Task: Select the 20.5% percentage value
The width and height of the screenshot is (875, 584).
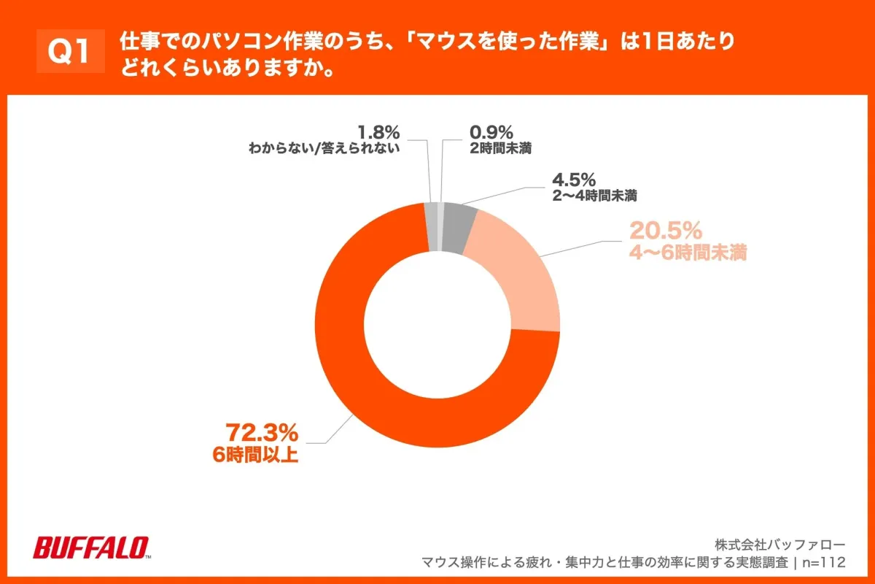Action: [x=665, y=231]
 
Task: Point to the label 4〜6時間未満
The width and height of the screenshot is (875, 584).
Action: [x=687, y=253]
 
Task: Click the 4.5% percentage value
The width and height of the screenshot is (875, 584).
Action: [x=574, y=179]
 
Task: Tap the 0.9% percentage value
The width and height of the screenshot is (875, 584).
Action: [x=491, y=133]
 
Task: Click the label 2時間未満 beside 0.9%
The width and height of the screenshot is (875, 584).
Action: [x=500, y=149]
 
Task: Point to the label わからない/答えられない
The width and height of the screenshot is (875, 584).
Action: [x=325, y=149]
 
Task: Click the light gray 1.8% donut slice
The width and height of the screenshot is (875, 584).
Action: [x=431, y=226]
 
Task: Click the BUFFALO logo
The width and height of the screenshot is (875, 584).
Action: [x=91, y=547]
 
